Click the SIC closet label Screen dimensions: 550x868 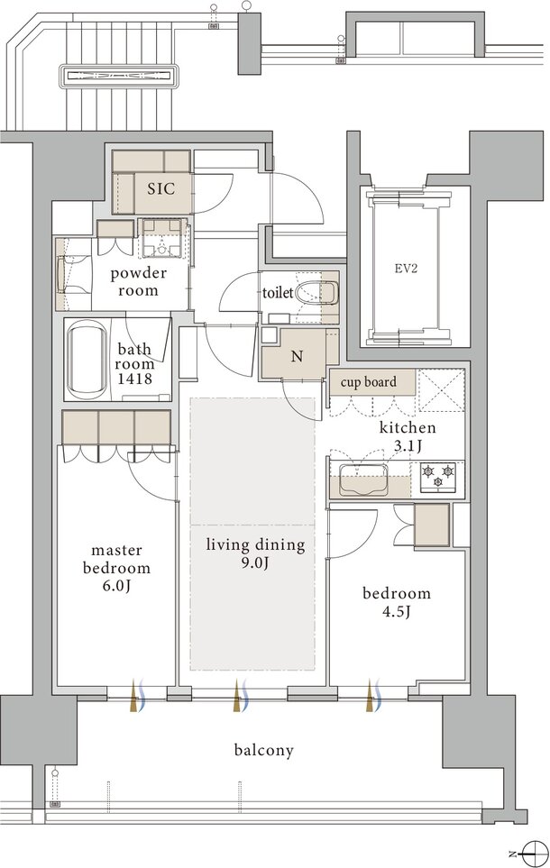pyautogui.click(x=161, y=188)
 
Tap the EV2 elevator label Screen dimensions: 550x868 pyautogui.click(x=406, y=269)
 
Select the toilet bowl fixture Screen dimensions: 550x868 pyautogui.click(x=316, y=293)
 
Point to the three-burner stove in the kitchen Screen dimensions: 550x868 pyautogui.click(x=437, y=477)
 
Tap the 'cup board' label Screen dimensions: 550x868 pyautogui.click(x=369, y=382)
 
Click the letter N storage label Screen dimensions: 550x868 pyautogui.click(x=298, y=357)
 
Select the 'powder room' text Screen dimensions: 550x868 pyautogui.click(x=139, y=282)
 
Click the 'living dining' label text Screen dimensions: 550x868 pyautogui.click(x=256, y=544)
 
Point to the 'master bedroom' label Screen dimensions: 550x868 pyautogui.click(x=117, y=559)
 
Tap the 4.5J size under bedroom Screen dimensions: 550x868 pyautogui.click(x=396, y=612)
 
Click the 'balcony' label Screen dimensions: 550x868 pyautogui.click(x=263, y=751)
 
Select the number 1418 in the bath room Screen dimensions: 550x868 pyautogui.click(x=134, y=379)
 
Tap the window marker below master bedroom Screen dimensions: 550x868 pyautogui.click(x=137, y=695)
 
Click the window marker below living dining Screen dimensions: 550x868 pyautogui.click(x=241, y=695)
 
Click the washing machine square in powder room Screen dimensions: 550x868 pyautogui.click(x=162, y=238)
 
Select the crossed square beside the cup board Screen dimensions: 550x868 pyautogui.click(x=440, y=390)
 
